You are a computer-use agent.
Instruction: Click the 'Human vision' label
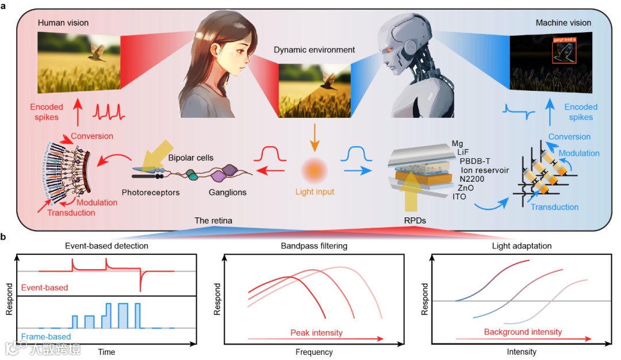[x=63, y=22]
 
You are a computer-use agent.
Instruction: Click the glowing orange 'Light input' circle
[x=314, y=170]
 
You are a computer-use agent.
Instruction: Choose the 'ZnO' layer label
[x=466, y=188]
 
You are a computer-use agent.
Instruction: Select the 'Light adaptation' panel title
[x=522, y=246]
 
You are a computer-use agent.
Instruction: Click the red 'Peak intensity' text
[x=316, y=332]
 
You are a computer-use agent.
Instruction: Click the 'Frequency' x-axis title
[x=313, y=352]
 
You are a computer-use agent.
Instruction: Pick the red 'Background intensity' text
[x=522, y=332]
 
